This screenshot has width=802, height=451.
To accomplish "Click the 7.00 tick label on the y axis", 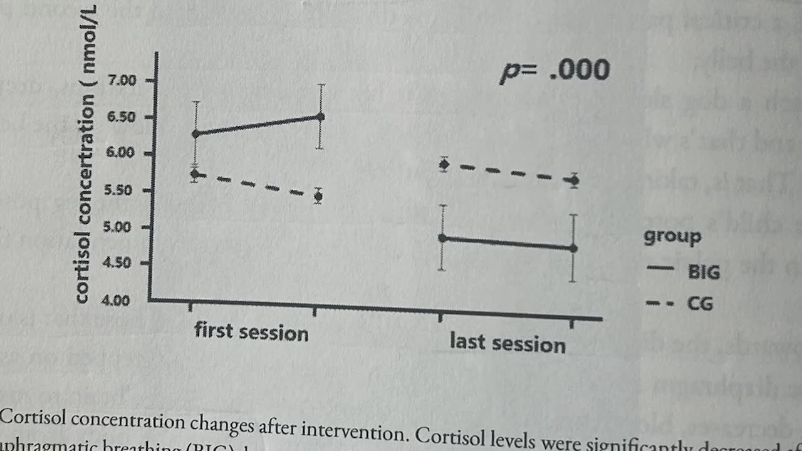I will click(122, 81).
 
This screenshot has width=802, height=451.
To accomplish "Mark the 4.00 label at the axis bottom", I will click(115, 301).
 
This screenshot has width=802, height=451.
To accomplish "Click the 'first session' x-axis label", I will click(251, 331).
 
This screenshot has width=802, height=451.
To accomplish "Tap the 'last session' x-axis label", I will click(508, 343).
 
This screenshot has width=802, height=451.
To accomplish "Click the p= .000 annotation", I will click(555, 70).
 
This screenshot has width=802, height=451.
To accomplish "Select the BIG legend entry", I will click(704, 272).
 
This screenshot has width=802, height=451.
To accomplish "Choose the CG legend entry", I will click(700, 304).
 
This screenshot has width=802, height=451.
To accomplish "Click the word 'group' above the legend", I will click(672, 237).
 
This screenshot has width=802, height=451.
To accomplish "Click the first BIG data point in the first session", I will click(195, 133).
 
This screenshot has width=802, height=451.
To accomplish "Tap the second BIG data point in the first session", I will click(321, 117).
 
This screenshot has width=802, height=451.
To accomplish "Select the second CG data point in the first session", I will click(318, 197).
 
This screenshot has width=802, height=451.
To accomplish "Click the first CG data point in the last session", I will click(444, 165).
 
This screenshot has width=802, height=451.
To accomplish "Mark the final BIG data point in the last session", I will click(573, 248).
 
